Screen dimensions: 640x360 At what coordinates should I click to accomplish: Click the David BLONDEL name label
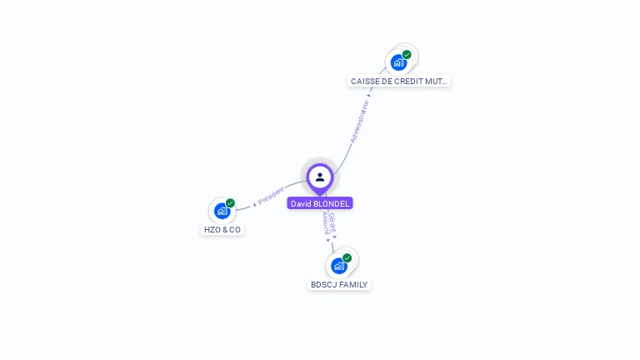(320, 203)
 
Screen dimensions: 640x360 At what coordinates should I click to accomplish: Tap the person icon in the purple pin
(320, 177)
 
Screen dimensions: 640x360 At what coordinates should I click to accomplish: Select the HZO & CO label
(222, 229)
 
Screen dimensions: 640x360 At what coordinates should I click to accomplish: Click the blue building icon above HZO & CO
(222, 211)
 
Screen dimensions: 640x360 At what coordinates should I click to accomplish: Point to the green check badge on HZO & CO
(231, 202)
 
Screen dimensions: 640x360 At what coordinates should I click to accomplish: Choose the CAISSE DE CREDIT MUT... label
(399, 82)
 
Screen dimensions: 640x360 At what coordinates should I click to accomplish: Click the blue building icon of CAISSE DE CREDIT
(398, 62)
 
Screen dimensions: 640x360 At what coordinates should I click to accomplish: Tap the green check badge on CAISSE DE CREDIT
(407, 54)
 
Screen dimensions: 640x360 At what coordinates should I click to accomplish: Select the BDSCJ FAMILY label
(339, 284)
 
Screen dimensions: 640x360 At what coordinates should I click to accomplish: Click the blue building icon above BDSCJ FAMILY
(338, 266)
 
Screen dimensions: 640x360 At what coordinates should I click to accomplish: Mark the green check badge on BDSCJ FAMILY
(347, 257)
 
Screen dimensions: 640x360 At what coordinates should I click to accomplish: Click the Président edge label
(272, 196)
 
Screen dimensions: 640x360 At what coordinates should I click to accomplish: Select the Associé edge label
(326, 222)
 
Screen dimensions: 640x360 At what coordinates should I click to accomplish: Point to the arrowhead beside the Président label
(254, 204)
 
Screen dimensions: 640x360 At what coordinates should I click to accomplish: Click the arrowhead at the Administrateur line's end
(370, 95)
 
